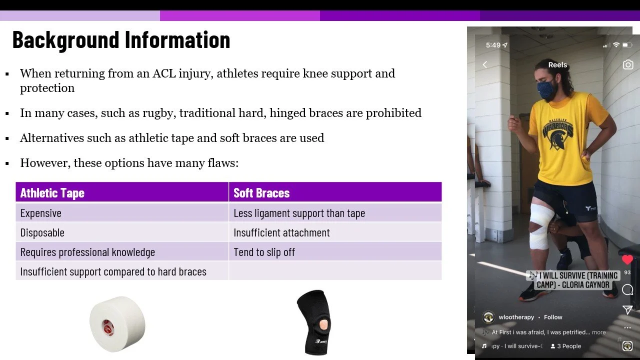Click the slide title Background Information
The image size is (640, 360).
[121, 40]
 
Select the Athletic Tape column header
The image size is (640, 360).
[52, 193]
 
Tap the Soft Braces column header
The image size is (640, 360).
[261, 193]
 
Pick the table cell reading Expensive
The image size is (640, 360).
[41, 213]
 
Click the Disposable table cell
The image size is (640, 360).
[42, 232]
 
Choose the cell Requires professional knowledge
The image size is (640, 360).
[87, 252]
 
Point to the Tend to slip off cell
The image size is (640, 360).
[264, 252]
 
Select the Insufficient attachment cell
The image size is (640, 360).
[281, 232]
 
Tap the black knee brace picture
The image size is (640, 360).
[313, 322]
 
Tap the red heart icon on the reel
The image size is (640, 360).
[627, 259]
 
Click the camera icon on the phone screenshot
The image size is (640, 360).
[628, 65]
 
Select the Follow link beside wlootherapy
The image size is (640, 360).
[553, 317]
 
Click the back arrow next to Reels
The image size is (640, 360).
[484, 65]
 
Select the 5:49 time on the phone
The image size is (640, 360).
[493, 45]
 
